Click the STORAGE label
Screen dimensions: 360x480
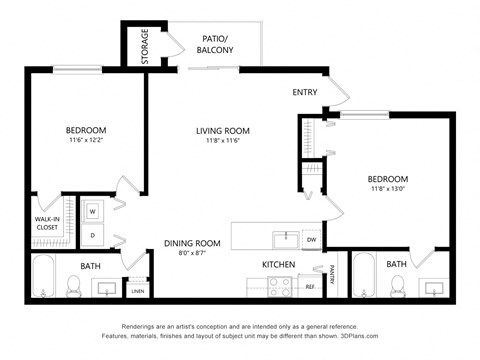click(x=144, y=46)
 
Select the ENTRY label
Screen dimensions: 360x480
click(x=305, y=92)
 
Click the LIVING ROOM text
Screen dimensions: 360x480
click(x=222, y=131)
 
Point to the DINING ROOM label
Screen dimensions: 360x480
click(x=192, y=243)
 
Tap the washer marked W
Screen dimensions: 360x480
click(x=92, y=212)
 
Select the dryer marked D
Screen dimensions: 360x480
click(x=92, y=236)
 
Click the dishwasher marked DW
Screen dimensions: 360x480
click(x=311, y=240)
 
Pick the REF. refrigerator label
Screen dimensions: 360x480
click(x=310, y=287)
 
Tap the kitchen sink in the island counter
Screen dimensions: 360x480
click(x=287, y=238)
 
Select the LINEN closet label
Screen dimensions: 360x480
click(x=137, y=291)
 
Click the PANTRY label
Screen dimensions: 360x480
click(x=331, y=274)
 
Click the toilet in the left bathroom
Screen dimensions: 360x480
click(x=73, y=287)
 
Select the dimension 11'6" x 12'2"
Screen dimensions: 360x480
click(x=86, y=142)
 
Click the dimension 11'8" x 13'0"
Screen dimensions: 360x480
click(x=389, y=189)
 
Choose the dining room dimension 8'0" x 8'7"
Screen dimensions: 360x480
click(x=192, y=254)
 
